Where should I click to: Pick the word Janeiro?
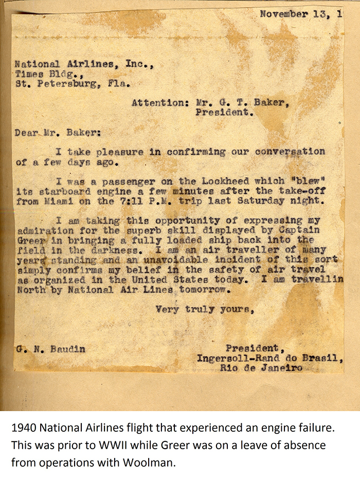(x=281, y=368)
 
